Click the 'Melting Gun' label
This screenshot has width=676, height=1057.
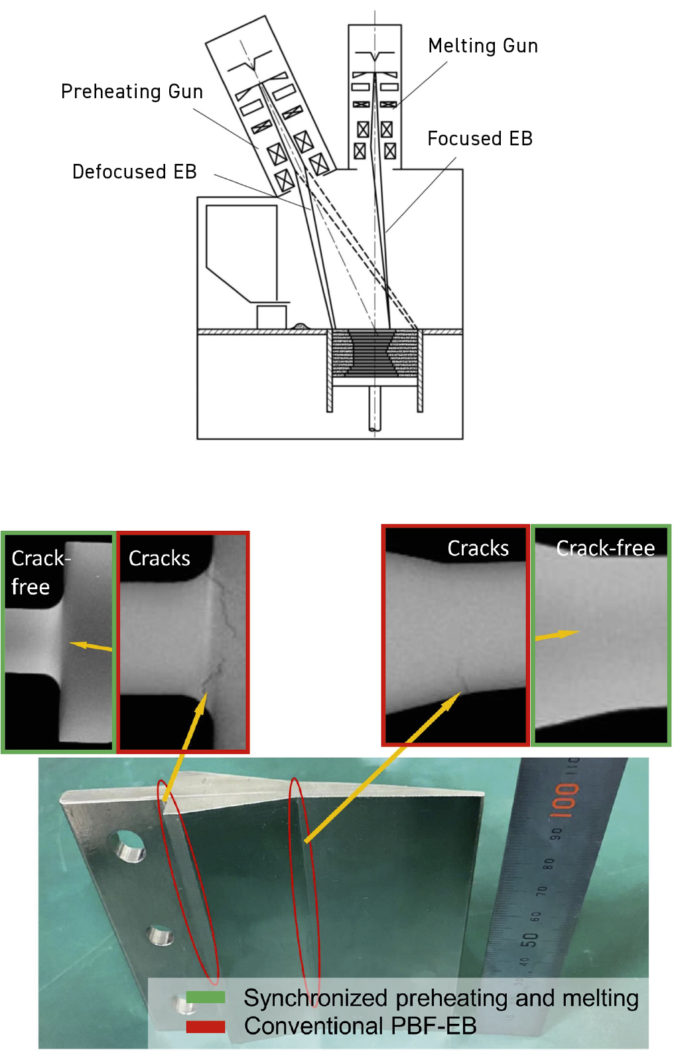coord(482,46)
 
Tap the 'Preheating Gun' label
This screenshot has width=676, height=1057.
coord(132,92)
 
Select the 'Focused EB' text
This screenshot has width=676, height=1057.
coord(480,139)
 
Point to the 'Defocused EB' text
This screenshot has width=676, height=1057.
coord(134,172)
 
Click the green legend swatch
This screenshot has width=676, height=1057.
coord(206,997)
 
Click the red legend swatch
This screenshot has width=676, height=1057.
coord(206,1026)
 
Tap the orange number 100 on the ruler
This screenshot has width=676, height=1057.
coord(564,800)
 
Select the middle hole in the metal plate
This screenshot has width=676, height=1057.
coord(160,936)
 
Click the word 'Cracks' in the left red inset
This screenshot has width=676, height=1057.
coord(159,559)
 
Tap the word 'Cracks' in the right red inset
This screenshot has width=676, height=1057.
coord(478,549)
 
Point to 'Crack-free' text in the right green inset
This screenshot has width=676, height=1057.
coord(605,548)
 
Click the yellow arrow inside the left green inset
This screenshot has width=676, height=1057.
coord(91,646)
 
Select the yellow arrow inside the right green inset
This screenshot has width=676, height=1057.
coord(557,634)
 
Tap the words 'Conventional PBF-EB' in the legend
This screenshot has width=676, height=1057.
coord(360,1026)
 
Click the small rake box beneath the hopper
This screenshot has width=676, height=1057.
coord(271,317)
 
